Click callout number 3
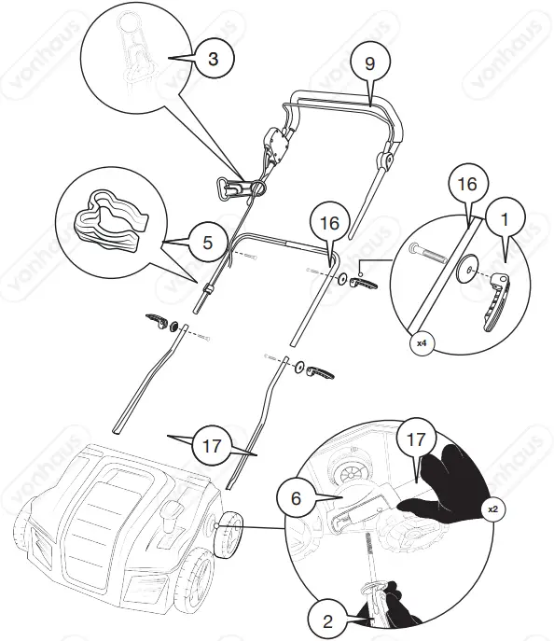[x=214, y=59]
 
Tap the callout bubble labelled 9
[x=370, y=66]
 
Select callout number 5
[x=207, y=244]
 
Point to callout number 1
[x=505, y=222]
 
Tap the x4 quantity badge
[x=422, y=343]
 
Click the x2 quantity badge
[x=493, y=509]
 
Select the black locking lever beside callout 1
[x=496, y=298]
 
